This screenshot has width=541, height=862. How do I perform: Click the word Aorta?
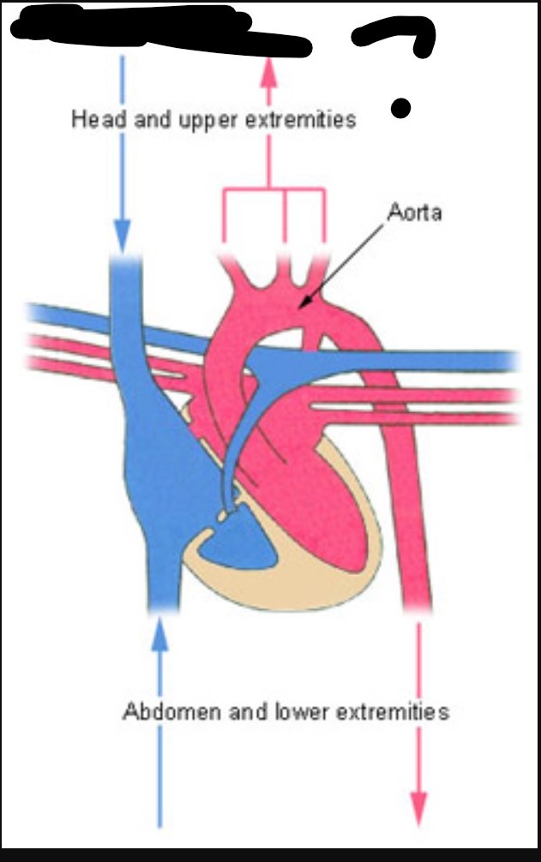pyautogui.click(x=414, y=212)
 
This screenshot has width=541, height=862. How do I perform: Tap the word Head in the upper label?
pyautogui.click(x=91, y=120)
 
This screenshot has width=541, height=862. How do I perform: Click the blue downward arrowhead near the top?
pyautogui.click(x=123, y=232)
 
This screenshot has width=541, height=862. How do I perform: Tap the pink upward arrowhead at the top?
pyautogui.click(x=270, y=70)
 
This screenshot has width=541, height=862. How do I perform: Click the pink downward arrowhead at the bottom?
pyautogui.click(x=418, y=807)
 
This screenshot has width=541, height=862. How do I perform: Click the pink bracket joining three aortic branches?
pyautogui.click(x=274, y=193)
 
